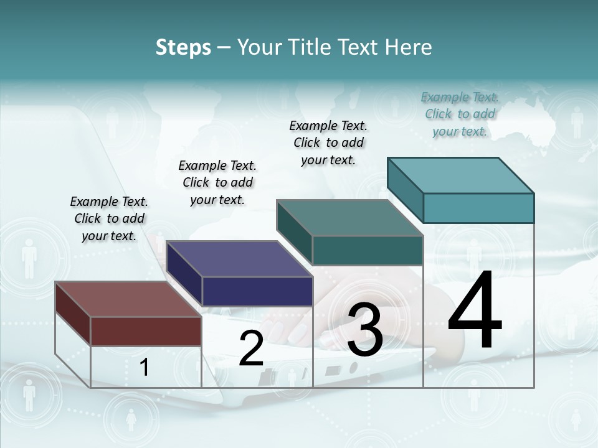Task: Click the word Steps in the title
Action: [x=183, y=47]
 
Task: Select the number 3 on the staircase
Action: [x=365, y=329]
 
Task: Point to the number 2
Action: [x=251, y=348]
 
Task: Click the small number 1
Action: [x=145, y=367]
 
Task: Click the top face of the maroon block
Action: [x=128, y=299]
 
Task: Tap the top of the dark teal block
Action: [x=349, y=218]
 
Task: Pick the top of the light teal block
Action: [x=460, y=175]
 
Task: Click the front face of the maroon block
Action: [x=146, y=331]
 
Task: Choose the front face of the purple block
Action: [x=257, y=291]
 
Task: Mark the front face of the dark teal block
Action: [x=368, y=250]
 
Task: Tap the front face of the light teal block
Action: [x=478, y=208]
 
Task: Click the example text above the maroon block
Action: [x=109, y=218]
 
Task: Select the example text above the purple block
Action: [x=217, y=182]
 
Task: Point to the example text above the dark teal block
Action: [x=328, y=142]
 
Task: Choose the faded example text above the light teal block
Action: [x=460, y=114]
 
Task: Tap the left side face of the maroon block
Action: [x=73, y=311]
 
